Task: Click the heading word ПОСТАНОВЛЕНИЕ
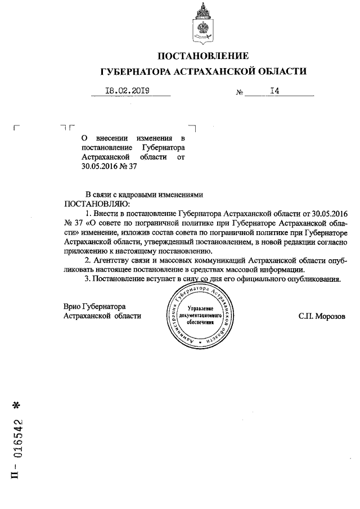pyautogui.click(x=202, y=56)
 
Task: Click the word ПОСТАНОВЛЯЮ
pyautogui.click(x=98, y=203)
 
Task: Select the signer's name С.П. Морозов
pyautogui.click(x=322, y=316)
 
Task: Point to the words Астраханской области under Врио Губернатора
pyautogui.click(x=103, y=316)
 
